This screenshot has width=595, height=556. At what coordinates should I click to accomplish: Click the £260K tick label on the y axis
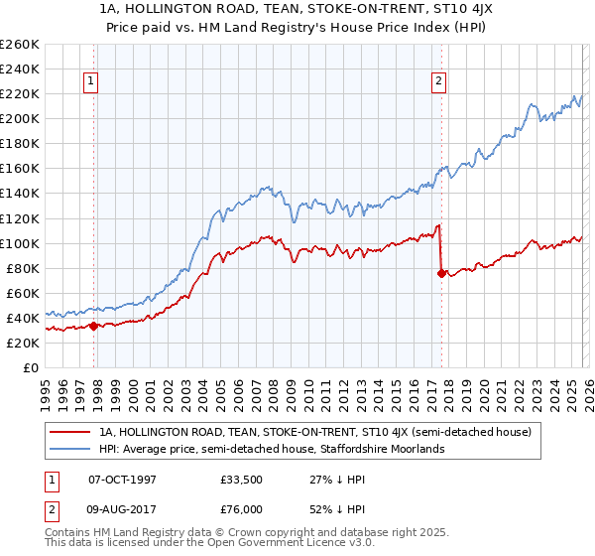(20, 45)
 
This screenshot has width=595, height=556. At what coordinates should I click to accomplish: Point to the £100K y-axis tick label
(20, 243)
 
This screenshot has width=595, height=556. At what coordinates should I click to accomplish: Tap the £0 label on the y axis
(32, 367)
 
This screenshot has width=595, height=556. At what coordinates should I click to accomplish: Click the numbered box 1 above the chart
(91, 81)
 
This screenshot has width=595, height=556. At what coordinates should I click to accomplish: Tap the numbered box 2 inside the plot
(438, 81)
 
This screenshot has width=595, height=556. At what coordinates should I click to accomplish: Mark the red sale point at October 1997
(93, 326)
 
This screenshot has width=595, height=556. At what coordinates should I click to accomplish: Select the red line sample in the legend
(70, 432)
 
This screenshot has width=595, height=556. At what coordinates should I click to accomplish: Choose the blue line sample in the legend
(70, 449)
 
